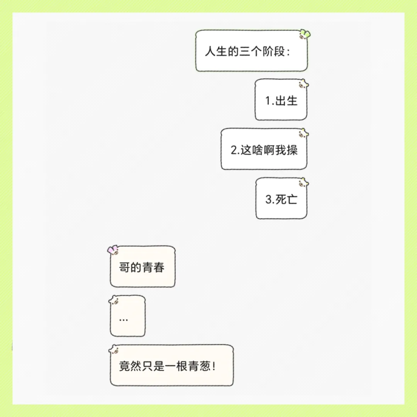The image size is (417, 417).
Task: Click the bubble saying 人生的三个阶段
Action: tap(251, 51)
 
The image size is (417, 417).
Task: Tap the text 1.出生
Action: tap(281, 101)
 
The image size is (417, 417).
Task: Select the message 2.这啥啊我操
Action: tap(264, 150)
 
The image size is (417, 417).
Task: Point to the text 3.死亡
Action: tap(281, 199)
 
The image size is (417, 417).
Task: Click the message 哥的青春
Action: tap(142, 267)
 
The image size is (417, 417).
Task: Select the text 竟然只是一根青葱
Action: tap(167, 366)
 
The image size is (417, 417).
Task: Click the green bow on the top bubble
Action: tap(306, 34)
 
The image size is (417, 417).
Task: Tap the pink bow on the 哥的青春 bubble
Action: tap(113, 250)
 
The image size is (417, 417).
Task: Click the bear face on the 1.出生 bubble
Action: tap(303, 84)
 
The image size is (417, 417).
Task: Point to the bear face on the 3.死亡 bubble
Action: tap(303, 182)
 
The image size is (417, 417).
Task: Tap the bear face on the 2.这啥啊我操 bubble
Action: tap(303, 134)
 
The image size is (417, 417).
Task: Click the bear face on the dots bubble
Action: tap(114, 300)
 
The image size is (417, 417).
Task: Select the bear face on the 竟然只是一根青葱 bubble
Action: tap(114, 350)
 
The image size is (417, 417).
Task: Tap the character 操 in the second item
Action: tap(292, 150)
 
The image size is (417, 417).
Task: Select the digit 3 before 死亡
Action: tap(268, 200)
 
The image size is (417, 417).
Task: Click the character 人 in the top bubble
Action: tap(210, 51)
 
